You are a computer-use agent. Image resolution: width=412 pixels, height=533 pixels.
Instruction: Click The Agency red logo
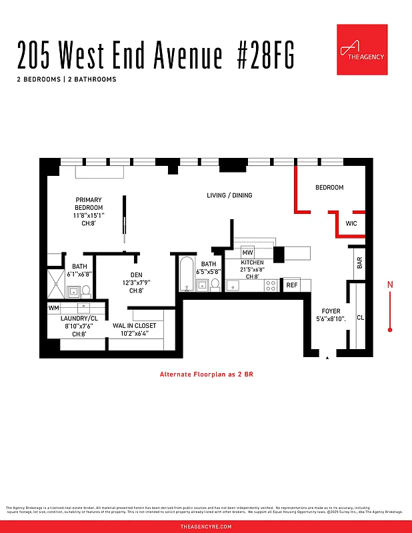362,50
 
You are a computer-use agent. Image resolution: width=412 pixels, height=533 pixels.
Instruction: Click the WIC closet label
351,224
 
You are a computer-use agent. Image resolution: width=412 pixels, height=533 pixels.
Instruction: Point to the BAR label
360,263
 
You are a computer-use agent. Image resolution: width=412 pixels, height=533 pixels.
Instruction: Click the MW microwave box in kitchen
247,253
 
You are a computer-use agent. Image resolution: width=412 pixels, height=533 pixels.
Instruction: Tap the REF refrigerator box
291,285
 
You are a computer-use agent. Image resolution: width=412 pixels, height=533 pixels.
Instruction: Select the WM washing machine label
53,308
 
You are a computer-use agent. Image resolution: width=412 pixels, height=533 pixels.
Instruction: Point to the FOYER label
331,311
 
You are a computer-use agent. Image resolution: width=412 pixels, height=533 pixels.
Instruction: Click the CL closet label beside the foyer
360,318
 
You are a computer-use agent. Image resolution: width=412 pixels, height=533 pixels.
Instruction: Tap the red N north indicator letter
390,284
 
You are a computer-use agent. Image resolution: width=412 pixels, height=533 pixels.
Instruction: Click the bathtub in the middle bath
186,274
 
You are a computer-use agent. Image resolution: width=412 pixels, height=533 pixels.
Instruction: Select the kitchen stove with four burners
271,285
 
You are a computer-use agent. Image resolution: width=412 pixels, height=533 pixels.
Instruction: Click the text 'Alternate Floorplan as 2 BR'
206,374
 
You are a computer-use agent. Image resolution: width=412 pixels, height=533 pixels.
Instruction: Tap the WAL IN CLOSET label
134,326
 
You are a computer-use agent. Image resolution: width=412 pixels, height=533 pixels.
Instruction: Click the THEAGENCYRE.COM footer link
206,526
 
